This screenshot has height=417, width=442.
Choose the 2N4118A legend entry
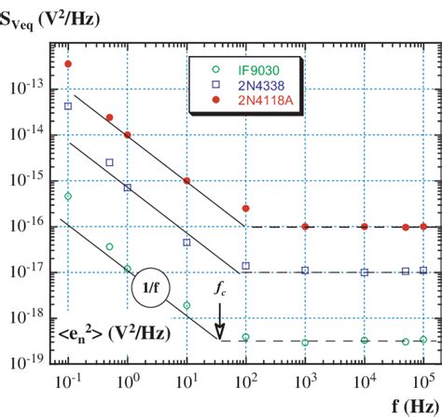coord(255,102)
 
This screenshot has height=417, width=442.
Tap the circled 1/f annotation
coord(149,289)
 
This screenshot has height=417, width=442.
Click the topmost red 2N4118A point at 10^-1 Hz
coord(68,63)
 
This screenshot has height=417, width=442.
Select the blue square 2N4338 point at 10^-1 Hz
coord(68,106)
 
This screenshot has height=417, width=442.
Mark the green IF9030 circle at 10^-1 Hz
coord(68,196)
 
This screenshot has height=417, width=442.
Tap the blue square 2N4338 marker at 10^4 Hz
coord(365,272)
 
